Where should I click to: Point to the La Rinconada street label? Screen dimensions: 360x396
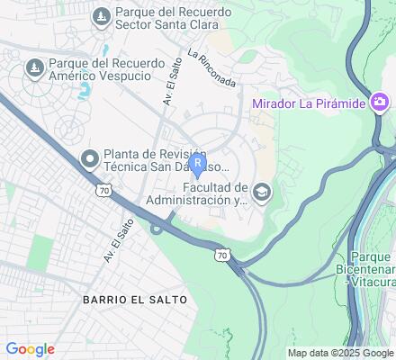212,68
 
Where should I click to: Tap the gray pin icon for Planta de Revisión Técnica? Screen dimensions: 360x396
89,160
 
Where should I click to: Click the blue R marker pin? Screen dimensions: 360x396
198,165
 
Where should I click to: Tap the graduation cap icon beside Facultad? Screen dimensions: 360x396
261,191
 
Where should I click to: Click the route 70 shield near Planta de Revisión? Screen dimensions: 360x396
105,190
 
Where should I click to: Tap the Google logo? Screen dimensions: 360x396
30,349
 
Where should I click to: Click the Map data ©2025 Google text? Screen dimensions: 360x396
340,353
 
